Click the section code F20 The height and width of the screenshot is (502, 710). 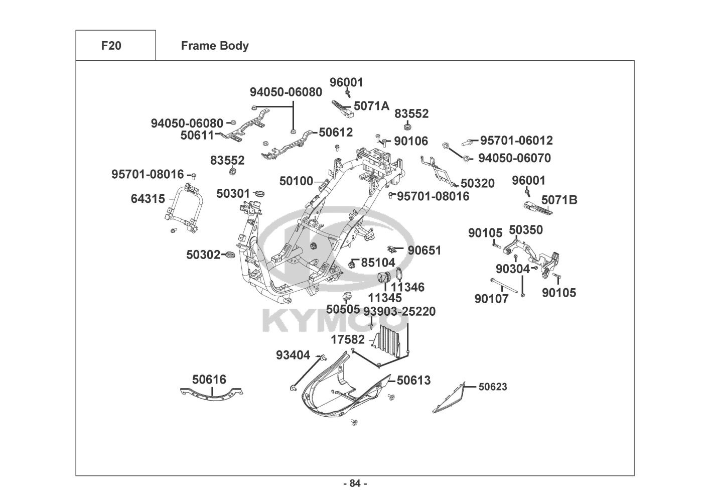pyautogui.click(x=111, y=46)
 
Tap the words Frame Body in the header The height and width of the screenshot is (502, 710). pyautogui.click(x=215, y=46)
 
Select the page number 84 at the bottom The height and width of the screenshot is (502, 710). pyautogui.click(x=355, y=483)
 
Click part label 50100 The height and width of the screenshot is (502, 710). pyautogui.click(x=296, y=181)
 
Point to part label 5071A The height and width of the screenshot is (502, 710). pyautogui.click(x=371, y=106)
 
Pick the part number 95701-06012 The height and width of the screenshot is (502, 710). pyautogui.click(x=516, y=140)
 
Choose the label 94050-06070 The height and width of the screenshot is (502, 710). pyautogui.click(x=514, y=158)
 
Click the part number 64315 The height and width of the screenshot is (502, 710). pyautogui.click(x=148, y=199)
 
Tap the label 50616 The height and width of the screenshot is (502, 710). pyautogui.click(x=209, y=380)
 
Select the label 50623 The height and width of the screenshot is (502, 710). pyautogui.click(x=493, y=387)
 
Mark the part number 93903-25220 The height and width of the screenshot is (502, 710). pyautogui.click(x=399, y=311)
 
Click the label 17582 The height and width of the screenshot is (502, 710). pyautogui.click(x=348, y=340)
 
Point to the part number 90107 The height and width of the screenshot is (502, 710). pyautogui.click(x=491, y=299)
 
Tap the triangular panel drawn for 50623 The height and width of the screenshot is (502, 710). pyautogui.click(x=449, y=398)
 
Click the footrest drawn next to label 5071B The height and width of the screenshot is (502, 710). pyautogui.click(x=538, y=208)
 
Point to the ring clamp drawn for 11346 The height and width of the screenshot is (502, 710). pyautogui.click(x=399, y=274)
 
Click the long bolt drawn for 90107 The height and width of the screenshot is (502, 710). pyautogui.click(x=504, y=286)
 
